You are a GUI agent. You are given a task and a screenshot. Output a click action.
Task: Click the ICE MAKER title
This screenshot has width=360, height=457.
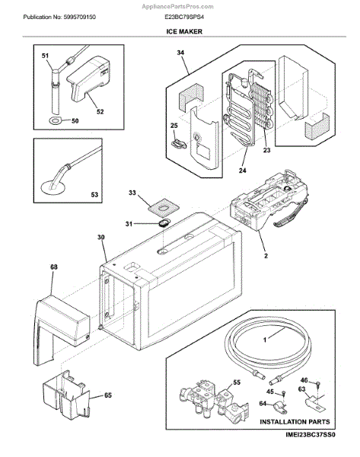point(184,31)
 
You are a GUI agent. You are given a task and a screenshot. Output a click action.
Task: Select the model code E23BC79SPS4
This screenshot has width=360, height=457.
point(184,18)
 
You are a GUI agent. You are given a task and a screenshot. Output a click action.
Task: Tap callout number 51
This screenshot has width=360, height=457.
point(45,56)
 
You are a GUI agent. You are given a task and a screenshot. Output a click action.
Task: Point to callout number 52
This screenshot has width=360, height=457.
point(100,112)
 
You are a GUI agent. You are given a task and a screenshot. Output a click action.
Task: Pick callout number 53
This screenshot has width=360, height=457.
point(94,194)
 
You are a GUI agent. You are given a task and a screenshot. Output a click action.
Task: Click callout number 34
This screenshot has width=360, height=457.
point(180,53)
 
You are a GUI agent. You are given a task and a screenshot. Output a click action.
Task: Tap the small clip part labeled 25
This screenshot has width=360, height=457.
point(179,143)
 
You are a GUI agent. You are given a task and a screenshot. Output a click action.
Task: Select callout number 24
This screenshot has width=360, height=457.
point(242,171)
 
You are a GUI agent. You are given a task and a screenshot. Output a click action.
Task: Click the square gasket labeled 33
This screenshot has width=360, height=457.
point(163,207)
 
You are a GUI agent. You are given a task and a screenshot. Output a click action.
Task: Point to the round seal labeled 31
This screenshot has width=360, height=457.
point(164,223)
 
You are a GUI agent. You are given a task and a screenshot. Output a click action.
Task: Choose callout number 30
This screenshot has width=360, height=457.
point(100,237)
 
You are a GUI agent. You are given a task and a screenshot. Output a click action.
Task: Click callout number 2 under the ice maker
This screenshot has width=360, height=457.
point(266,256)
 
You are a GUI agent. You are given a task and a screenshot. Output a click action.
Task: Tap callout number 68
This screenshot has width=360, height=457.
point(54,267)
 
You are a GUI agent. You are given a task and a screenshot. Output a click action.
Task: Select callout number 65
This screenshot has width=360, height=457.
point(108,395)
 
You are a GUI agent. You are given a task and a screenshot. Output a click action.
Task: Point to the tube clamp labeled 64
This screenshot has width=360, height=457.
point(279,407)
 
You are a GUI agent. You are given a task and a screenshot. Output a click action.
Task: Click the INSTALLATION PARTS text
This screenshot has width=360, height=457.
point(295,422)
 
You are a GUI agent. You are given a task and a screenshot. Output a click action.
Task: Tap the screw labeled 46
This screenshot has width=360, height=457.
point(318,382)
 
